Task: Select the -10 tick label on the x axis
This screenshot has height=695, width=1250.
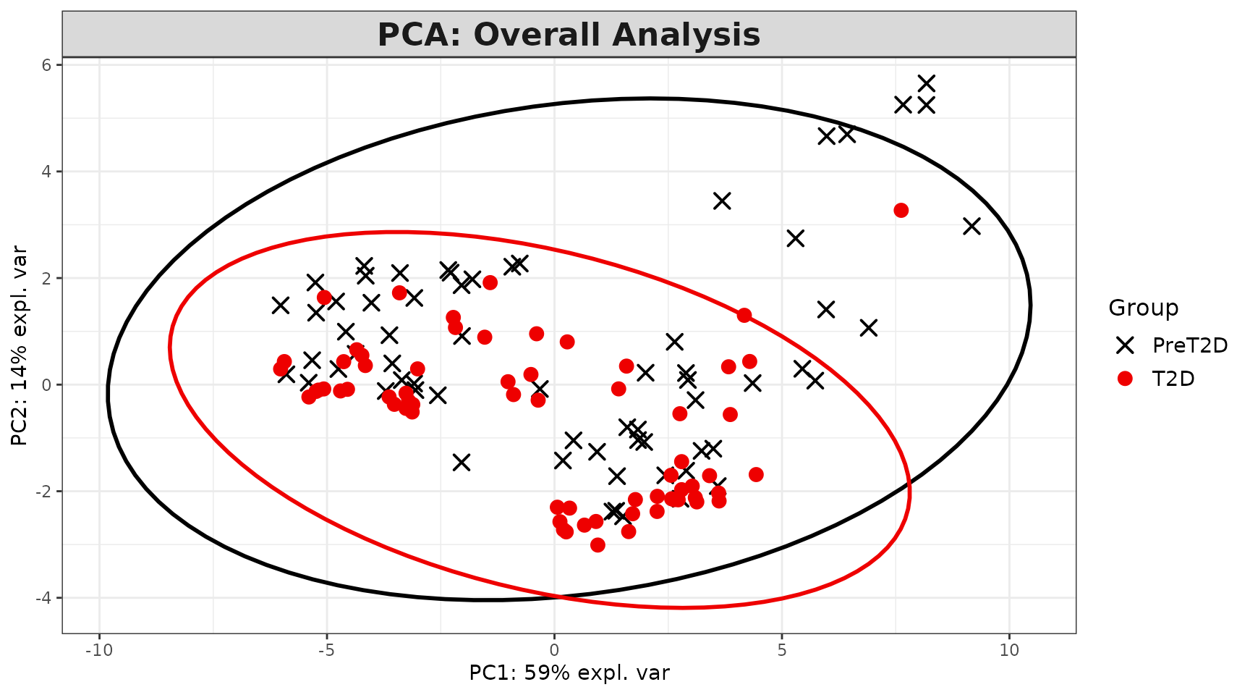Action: pyautogui.click(x=98, y=650)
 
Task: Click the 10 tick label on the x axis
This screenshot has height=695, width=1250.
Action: pyautogui.click(x=1009, y=650)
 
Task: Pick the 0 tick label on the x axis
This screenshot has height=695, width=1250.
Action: pyautogui.click(x=554, y=650)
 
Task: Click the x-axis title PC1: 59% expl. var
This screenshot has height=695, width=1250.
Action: pyautogui.click(x=569, y=673)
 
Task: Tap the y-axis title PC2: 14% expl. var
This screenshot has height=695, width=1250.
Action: pyautogui.click(x=20, y=346)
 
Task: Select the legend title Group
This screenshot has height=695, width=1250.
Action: pyautogui.click(x=1143, y=308)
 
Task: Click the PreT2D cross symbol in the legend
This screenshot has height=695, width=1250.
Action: pyautogui.click(x=1125, y=345)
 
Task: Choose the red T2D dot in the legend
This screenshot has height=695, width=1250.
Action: pyautogui.click(x=1125, y=379)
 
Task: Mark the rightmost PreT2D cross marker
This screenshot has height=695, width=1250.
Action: pyautogui.click(x=971, y=226)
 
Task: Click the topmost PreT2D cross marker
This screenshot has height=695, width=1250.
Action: pyautogui.click(x=926, y=83)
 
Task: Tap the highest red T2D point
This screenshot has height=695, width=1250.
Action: pyautogui.click(x=901, y=211)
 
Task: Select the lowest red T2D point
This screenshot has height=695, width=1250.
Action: pyautogui.click(x=598, y=545)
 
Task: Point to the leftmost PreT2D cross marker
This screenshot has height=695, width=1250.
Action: pyautogui.click(x=281, y=306)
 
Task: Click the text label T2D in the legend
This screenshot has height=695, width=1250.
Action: pyautogui.click(x=1173, y=379)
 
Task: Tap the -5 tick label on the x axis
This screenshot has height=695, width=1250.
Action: pyautogui.click(x=326, y=650)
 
